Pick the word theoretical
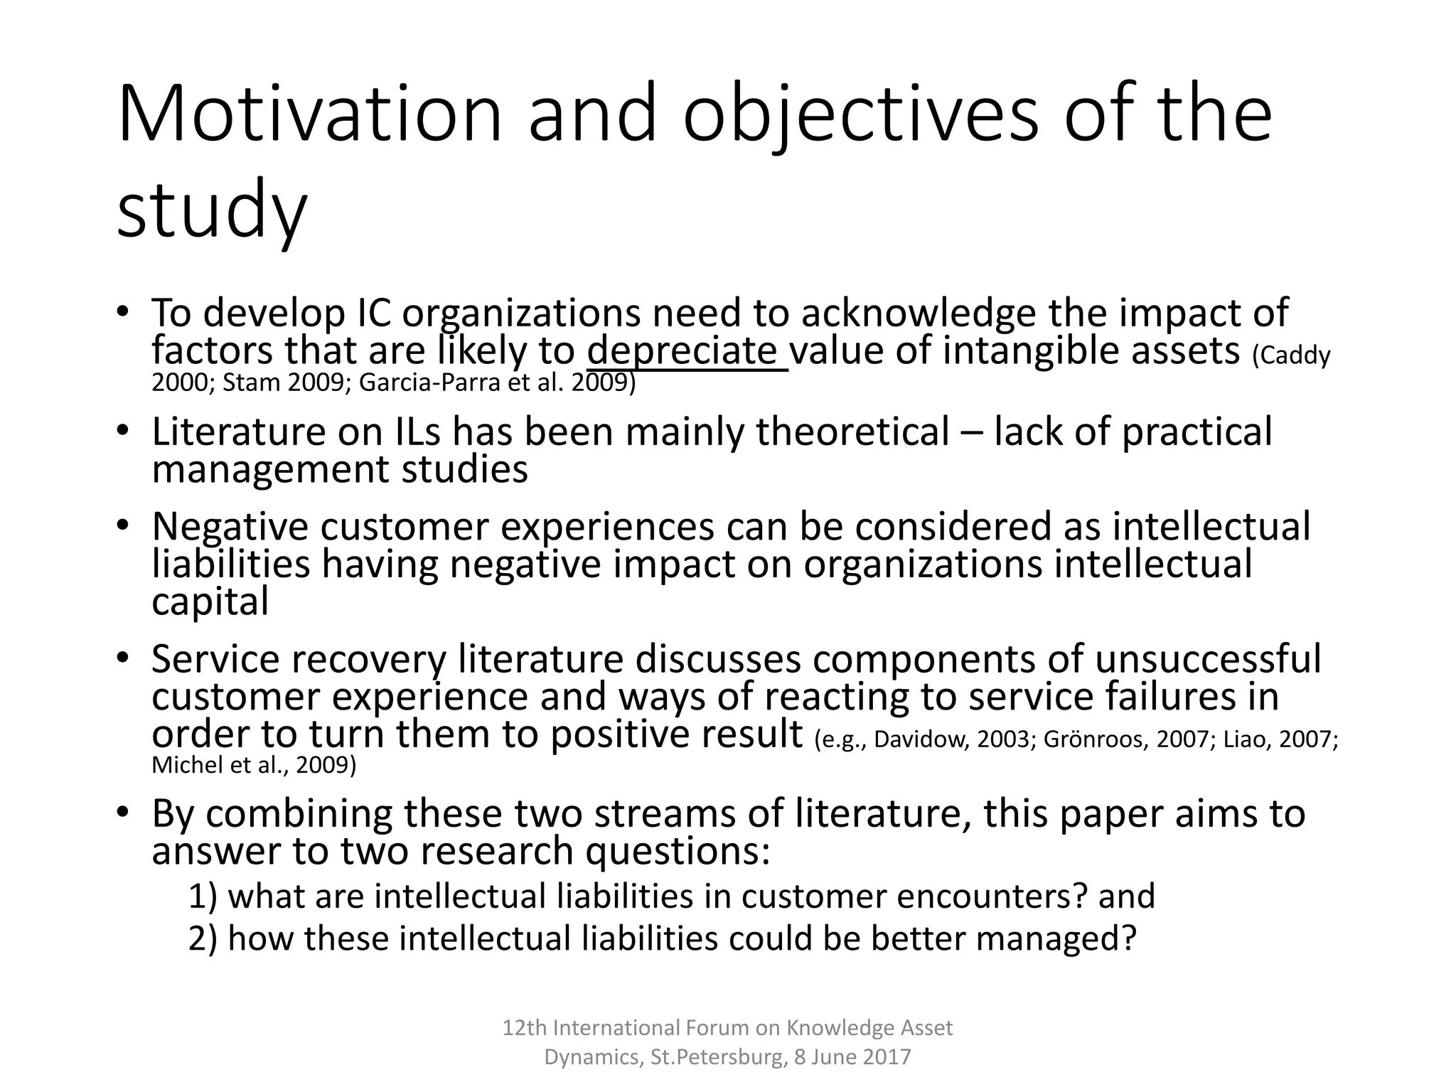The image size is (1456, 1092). [x=852, y=432]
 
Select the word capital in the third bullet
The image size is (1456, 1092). [x=210, y=601]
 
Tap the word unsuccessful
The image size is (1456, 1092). [x=1207, y=658]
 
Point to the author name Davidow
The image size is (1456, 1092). [x=921, y=739]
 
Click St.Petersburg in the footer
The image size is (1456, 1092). [x=719, y=1057]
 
